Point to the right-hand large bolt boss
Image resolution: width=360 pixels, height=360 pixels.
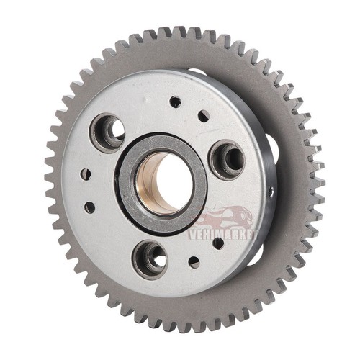[x=228, y=160]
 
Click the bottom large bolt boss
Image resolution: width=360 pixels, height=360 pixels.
[x=150, y=260]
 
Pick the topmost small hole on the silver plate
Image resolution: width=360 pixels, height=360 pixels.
[x=175, y=102]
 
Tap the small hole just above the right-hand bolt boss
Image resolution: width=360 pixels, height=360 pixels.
[x=204, y=116]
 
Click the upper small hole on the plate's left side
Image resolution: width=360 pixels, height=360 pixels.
[x=86, y=174]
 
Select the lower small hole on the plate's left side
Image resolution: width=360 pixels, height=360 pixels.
[x=90, y=207]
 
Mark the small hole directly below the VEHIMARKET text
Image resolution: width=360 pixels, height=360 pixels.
[x=218, y=243]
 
